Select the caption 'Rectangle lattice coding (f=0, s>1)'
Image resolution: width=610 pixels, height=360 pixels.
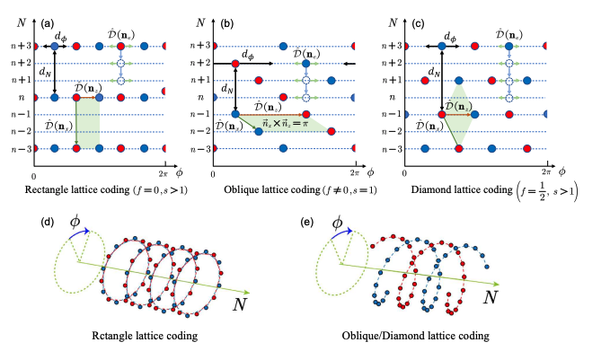point(102,192)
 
